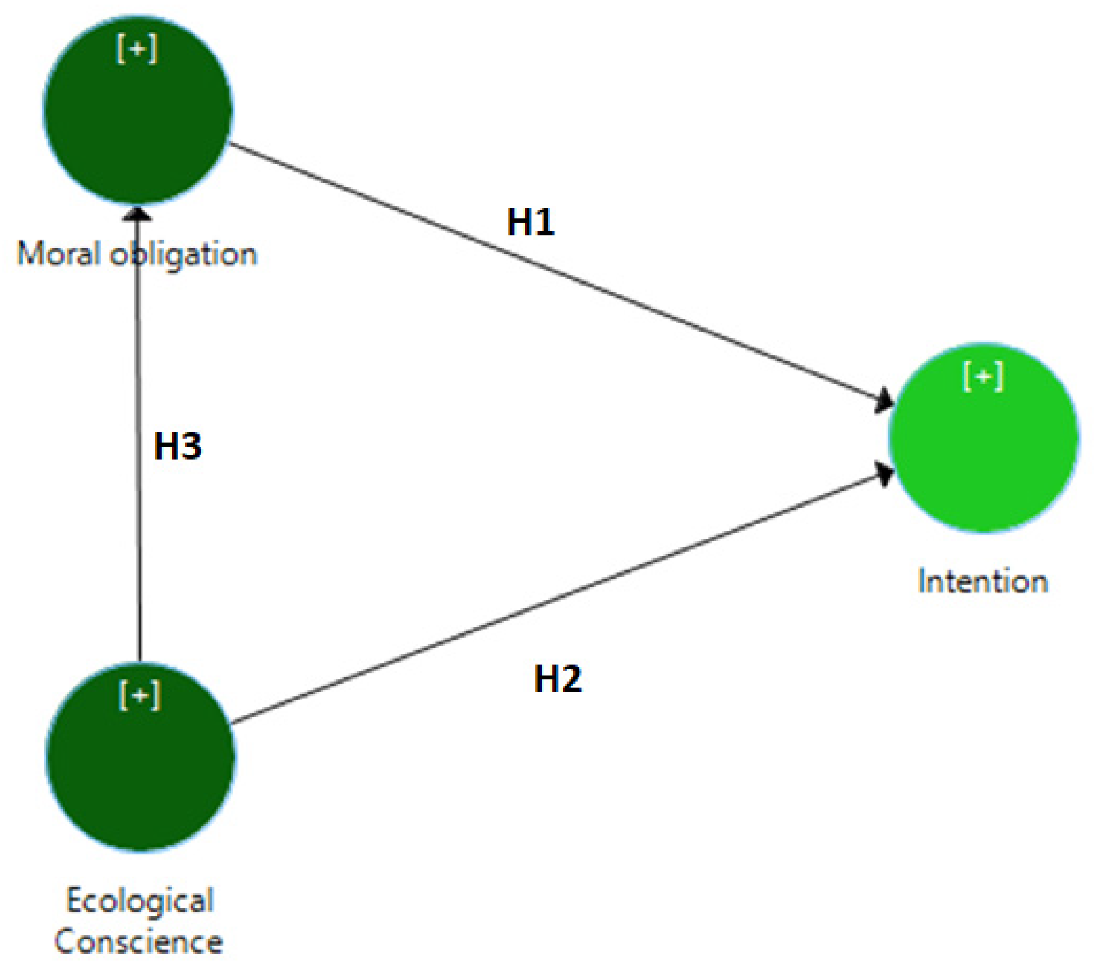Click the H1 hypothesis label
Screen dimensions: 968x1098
coord(530,222)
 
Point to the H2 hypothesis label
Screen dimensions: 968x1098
coord(558,679)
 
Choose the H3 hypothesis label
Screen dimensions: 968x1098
coord(178,446)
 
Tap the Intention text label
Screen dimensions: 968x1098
coord(982,582)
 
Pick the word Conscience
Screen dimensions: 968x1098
coord(138,942)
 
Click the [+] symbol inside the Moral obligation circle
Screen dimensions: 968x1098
coord(137,49)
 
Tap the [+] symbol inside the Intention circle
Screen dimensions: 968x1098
coord(983,376)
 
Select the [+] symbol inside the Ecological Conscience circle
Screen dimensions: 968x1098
coord(139,695)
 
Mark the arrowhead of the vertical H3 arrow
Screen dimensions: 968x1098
coord(137,214)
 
